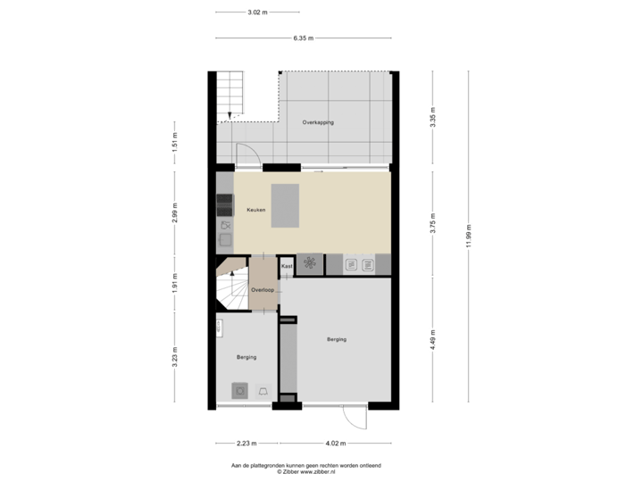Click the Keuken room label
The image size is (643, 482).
pyautogui.click(x=256, y=210)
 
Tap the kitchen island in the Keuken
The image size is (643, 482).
pyautogui.click(x=287, y=205)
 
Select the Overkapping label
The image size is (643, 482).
pyautogui.click(x=317, y=122)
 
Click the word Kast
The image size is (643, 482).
pyautogui.click(x=287, y=266)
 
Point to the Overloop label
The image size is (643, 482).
pyautogui.click(x=263, y=290)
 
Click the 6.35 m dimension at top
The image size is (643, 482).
pyautogui.click(x=303, y=37)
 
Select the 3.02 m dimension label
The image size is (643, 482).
pyautogui.click(x=257, y=12)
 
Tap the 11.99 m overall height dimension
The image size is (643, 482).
pyautogui.click(x=469, y=237)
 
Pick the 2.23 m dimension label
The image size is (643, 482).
pyautogui.click(x=246, y=443)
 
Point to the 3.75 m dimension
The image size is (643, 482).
pyautogui.click(x=432, y=223)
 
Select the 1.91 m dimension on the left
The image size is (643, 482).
pyautogui.click(x=175, y=283)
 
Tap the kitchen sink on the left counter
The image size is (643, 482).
pyautogui.click(x=224, y=238)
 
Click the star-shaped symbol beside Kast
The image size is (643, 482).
pyautogui.click(x=310, y=263)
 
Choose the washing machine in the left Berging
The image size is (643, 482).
pyautogui.click(x=240, y=390)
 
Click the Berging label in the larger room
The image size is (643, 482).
pyautogui.click(x=336, y=339)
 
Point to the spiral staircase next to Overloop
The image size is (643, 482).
pyautogui.click(x=231, y=286)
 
